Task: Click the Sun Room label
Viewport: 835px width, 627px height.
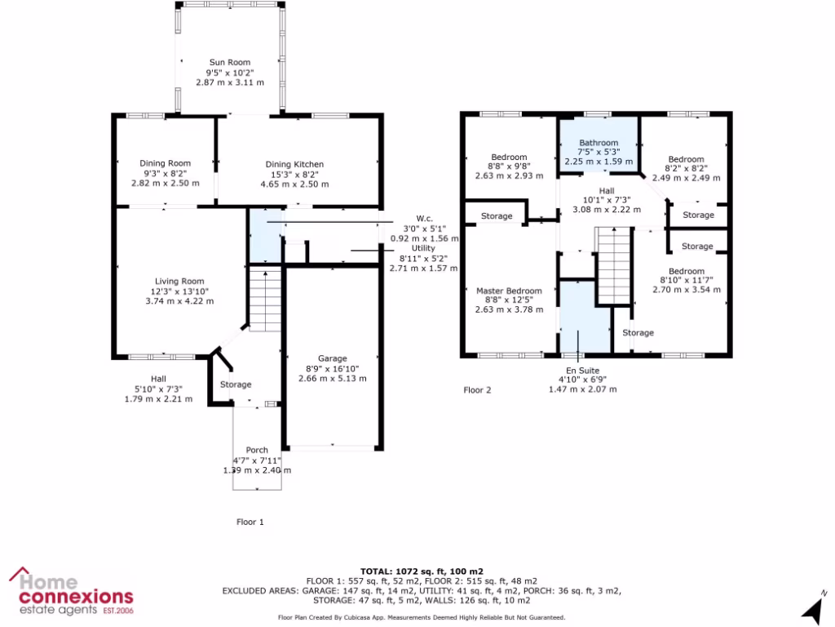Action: [x=229, y=62]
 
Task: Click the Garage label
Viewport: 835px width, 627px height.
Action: [x=333, y=358]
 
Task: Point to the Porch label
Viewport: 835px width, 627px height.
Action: [x=257, y=451]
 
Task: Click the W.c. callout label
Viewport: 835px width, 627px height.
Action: [x=424, y=218]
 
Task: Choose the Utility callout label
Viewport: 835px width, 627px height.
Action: [x=423, y=247]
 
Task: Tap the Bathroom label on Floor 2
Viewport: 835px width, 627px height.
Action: [x=599, y=143]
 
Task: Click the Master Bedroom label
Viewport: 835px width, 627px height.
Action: [x=509, y=291]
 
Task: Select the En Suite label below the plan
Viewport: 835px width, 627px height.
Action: [x=582, y=370]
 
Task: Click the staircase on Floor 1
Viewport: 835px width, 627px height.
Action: [x=264, y=299]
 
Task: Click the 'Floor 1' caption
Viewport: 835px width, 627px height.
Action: [x=250, y=521]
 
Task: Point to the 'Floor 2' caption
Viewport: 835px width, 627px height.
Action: [x=477, y=390]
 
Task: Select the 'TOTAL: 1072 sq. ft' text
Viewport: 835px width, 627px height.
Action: [x=422, y=571]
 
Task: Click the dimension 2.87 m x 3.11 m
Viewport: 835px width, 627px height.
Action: [x=229, y=82]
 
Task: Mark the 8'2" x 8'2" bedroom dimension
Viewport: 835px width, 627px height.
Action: [x=685, y=168]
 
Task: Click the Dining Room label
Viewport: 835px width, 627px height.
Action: [x=165, y=163]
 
